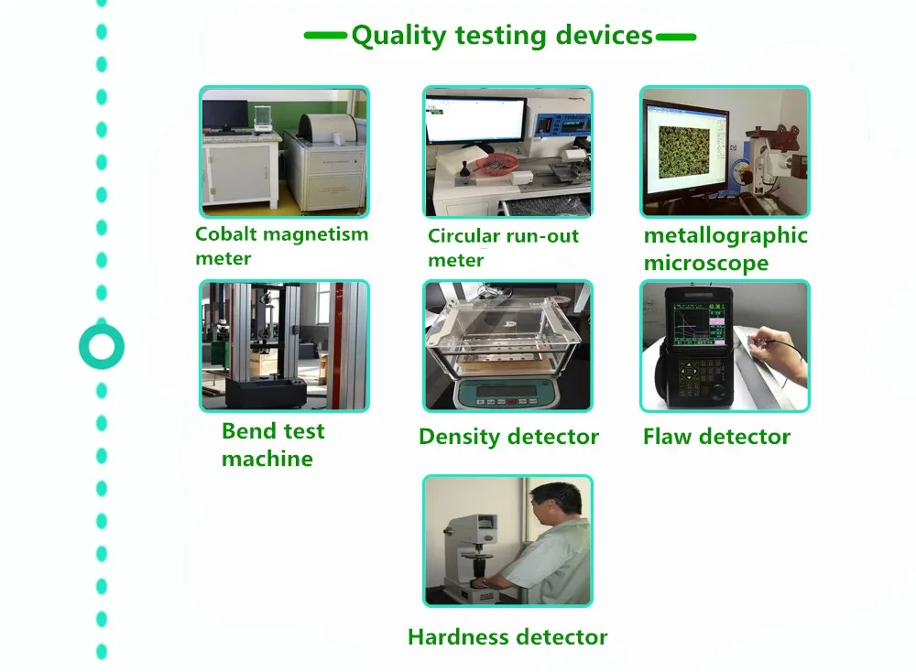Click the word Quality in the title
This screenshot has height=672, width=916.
[x=399, y=37]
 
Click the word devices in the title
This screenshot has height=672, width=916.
[x=604, y=35]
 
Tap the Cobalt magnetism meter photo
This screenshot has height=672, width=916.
[x=285, y=152]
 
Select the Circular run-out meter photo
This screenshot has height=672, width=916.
[x=507, y=152]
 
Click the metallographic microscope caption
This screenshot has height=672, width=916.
[x=725, y=249]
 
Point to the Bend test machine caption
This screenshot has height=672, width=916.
[x=273, y=445]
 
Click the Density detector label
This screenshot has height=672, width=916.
[x=508, y=437]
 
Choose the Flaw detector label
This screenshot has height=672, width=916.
[x=717, y=436]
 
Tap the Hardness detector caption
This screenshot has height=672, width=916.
[x=507, y=637]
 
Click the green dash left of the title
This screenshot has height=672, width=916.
[x=325, y=36]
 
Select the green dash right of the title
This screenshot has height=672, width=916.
[x=676, y=37]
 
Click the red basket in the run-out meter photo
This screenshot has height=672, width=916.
[x=497, y=165]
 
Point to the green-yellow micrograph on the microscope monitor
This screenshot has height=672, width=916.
[x=683, y=152]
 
